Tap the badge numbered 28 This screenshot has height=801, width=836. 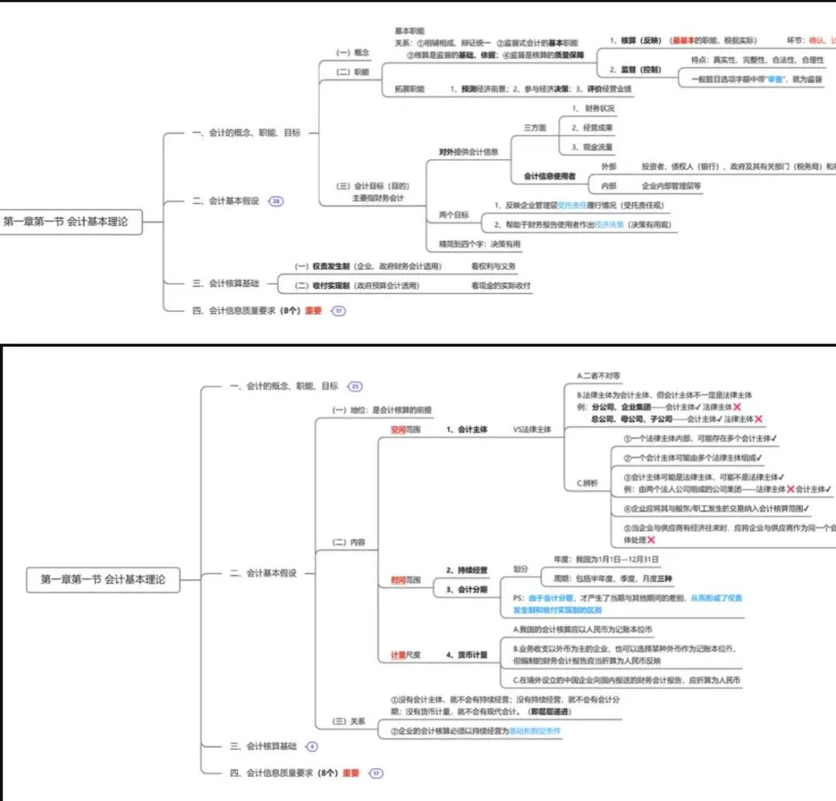(x=276, y=201)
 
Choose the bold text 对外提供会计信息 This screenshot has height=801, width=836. (x=468, y=152)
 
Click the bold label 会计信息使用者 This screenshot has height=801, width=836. (x=550, y=176)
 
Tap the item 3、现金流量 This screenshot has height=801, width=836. (x=592, y=146)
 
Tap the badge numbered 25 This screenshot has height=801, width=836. (x=355, y=386)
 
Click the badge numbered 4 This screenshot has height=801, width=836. (x=312, y=747)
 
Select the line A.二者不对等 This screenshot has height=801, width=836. (x=599, y=375)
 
